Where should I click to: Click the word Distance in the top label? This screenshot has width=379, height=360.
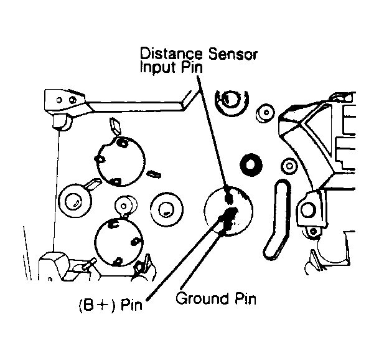171,54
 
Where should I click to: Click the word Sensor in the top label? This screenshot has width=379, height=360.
233,54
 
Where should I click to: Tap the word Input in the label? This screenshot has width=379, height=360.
159,67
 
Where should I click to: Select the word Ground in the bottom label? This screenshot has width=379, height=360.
202,298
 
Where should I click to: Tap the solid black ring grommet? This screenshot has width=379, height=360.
251,164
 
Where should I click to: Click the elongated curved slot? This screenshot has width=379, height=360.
277,219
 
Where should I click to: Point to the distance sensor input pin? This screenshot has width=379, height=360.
228,197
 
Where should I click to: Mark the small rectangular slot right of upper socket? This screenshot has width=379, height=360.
154,174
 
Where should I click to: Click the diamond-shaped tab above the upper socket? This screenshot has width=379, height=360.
115,126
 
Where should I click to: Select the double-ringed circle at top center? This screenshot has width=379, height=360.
232,100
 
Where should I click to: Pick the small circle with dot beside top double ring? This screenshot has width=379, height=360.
265,113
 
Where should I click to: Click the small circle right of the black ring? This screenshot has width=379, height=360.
289,166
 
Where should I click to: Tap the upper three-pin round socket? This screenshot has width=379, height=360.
121,161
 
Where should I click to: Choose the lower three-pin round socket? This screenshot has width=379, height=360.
118,242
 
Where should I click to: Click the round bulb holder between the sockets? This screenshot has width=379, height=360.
167,209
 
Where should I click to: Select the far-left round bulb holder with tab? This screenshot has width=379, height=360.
74,201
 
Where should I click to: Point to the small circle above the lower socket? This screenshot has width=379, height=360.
124,206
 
